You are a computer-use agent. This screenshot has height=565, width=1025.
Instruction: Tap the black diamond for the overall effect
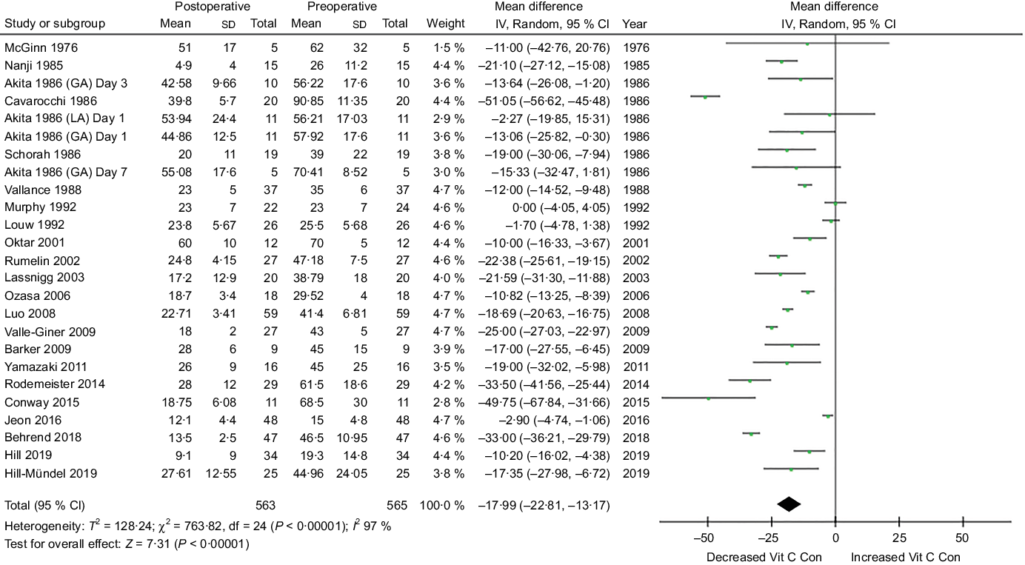pos(789,504)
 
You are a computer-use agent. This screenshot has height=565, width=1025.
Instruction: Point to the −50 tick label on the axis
pos(707,538)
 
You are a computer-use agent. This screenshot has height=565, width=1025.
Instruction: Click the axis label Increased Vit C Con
pos(905,556)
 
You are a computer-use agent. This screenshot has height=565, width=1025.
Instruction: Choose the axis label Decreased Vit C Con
pos(764,556)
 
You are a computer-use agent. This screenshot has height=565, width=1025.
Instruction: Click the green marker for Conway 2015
pos(709,398)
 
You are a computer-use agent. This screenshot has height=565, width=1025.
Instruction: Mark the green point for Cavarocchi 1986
pos(705,96)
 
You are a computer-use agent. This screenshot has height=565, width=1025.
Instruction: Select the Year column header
pos(635,23)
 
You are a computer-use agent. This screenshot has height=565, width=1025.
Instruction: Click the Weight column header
pos(446,23)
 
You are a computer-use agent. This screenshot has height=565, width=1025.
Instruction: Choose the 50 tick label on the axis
pos(963,538)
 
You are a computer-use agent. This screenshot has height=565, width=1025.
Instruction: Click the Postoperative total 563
pos(264,506)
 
